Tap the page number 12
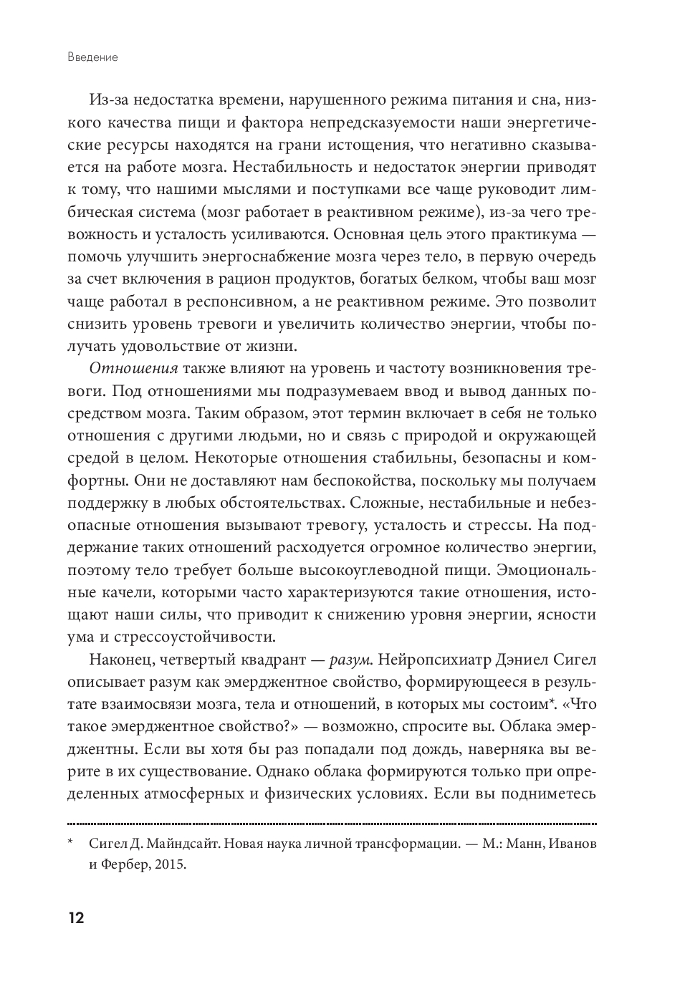point(77,918)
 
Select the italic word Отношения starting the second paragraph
point(133,369)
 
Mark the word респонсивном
point(246,301)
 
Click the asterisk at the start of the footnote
point(71,842)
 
